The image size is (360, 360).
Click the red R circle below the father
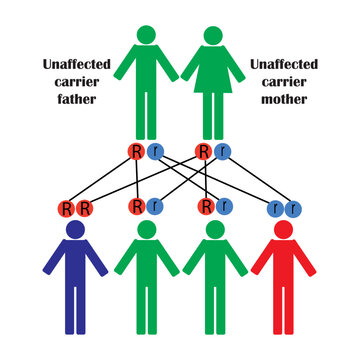click(137, 152)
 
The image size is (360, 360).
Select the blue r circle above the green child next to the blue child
click(155, 208)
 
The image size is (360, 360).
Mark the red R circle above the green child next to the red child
click(205, 208)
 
